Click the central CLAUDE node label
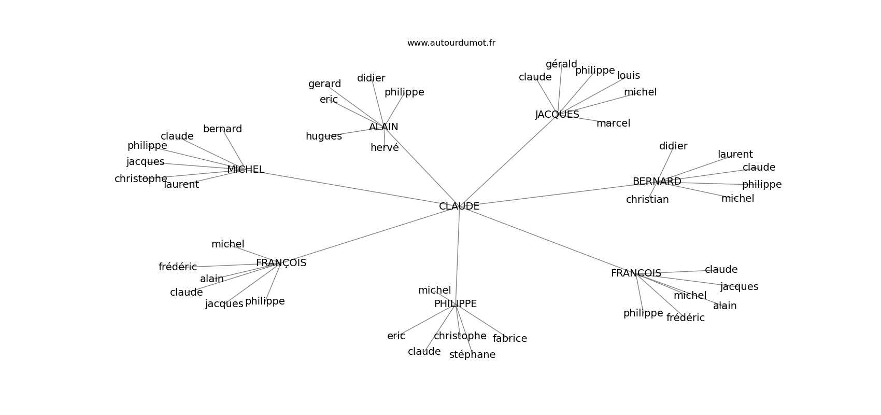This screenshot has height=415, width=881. tap(459, 206)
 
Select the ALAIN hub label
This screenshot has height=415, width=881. tap(383, 127)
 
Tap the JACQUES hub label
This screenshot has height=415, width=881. tap(557, 115)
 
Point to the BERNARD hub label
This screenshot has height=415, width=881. tap(657, 181)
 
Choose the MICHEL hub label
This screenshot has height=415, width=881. tap(246, 169)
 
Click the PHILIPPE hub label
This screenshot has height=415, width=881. tap(456, 303)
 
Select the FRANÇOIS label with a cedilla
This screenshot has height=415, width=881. tap(281, 262)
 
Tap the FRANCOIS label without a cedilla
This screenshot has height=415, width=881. tap(636, 273)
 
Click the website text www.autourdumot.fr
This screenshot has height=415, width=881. tap(451, 43)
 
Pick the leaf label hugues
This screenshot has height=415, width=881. tap(324, 136)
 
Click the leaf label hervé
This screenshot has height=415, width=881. tap(385, 147)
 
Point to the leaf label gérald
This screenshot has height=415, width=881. tap(561, 64)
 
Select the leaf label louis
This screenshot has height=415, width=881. tap(629, 75)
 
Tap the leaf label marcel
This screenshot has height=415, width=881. tap(613, 123)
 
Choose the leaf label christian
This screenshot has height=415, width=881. tap(647, 200)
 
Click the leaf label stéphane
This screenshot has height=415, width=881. tap(472, 354)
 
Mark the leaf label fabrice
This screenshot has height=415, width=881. tap(510, 338)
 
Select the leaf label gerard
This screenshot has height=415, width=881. tap(324, 84)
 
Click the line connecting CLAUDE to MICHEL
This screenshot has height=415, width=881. tap(352, 188)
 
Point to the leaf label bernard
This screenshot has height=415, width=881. tap(222, 129)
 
